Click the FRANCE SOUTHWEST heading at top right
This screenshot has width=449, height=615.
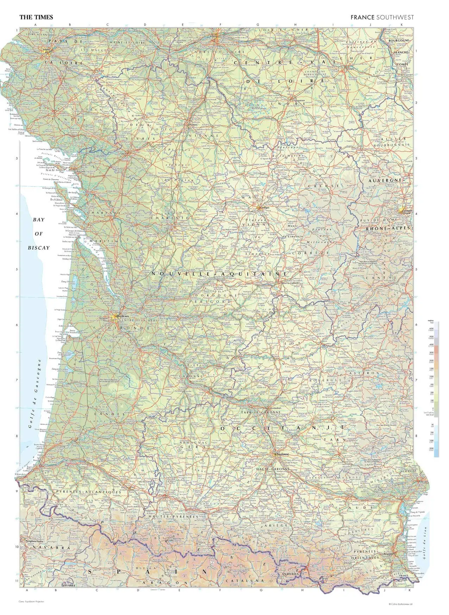[x=382, y=17]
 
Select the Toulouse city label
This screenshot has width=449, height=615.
[x=283, y=454]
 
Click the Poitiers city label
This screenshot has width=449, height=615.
[x=193, y=125]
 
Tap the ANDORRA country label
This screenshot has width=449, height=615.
[x=290, y=574]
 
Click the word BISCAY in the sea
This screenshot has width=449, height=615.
[x=39, y=247]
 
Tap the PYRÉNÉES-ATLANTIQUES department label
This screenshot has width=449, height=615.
[x=87, y=492]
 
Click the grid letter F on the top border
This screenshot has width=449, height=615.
[x=220, y=25]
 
